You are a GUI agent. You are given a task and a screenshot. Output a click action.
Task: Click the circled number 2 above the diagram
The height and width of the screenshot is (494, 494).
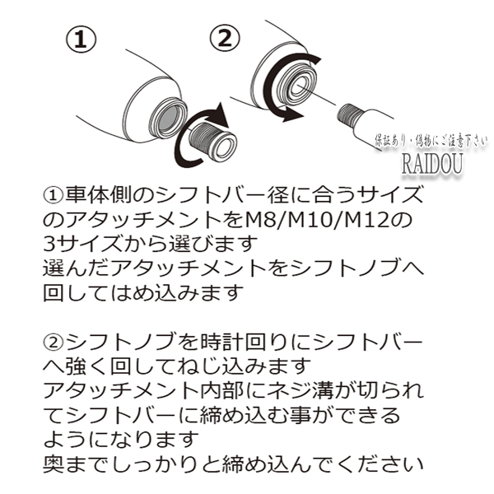pyautogui.click(x=225, y=40)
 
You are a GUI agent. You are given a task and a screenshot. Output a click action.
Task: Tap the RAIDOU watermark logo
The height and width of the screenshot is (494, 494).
pyautogui.click(x=432, y=164)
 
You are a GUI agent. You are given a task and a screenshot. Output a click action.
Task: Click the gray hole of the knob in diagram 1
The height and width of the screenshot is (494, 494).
pyautogui.click(x=170, y=117)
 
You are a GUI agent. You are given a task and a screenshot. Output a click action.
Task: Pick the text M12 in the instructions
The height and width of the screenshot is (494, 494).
pyautogui.click(x=362, y=221)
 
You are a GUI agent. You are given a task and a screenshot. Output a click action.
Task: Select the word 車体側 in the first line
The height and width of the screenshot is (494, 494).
pyautogui.click(x=98, y=195)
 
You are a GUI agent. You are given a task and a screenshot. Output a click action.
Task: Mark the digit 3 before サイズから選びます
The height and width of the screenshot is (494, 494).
pyautogui.click(x=49, y=245)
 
